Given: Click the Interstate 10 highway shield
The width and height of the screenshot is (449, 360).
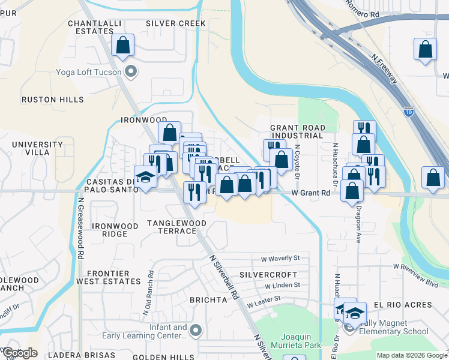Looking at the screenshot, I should tap(408, 112).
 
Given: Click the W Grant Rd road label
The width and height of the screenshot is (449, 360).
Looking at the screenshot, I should tap(311, 193).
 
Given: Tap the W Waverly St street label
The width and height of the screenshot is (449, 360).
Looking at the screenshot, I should tap(280, 259).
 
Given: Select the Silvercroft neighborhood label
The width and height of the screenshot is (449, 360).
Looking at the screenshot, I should tap(265, 273).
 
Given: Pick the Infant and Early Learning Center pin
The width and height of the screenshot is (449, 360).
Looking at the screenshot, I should tap(195, 331).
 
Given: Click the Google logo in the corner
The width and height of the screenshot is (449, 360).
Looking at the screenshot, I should tap(20, 353).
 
